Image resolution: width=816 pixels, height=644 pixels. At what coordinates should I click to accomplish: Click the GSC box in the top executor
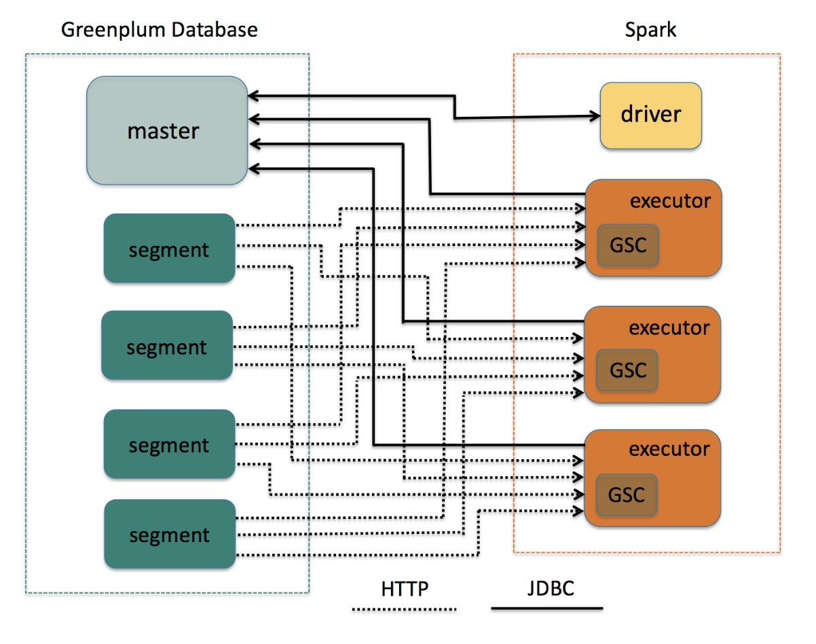pos(628,245)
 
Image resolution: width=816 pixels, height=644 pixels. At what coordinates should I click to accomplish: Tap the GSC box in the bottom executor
pos(627,494)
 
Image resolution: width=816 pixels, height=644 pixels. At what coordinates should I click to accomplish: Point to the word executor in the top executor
pos(670,201)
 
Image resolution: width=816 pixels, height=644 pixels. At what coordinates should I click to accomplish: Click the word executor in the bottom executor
pos(669,449)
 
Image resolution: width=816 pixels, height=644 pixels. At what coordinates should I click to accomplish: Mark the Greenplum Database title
pos(160,30)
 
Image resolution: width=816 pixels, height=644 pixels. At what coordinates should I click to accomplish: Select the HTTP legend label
pos(405,588)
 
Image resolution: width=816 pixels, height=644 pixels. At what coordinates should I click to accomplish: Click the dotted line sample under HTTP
pos(405,609)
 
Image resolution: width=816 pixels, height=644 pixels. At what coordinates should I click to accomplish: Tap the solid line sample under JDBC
pos(547,607)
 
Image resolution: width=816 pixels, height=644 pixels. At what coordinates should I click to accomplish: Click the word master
pos(163,130)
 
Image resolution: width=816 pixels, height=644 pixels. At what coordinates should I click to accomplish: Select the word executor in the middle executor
pos(669,327)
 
